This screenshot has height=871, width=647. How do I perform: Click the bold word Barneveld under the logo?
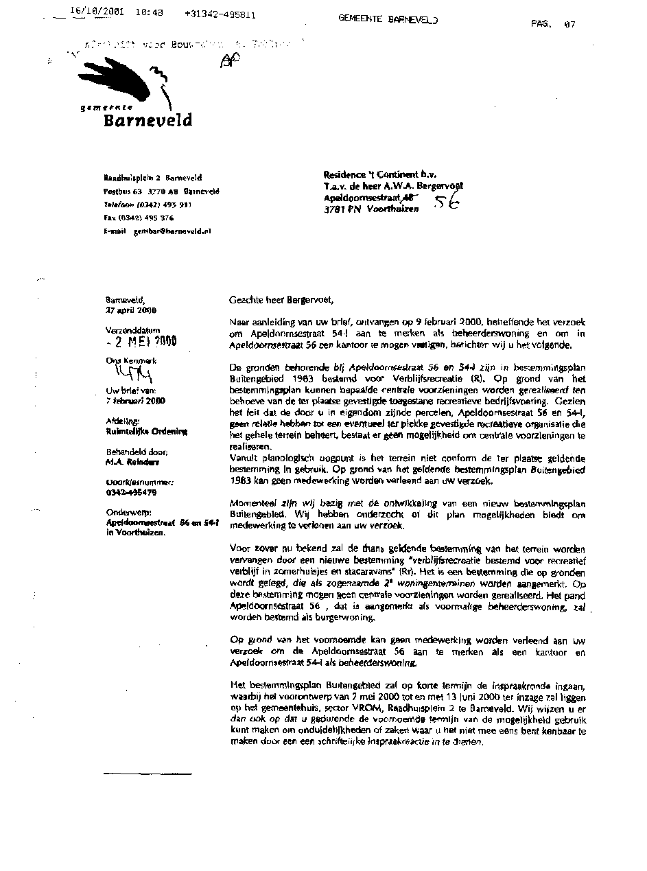pyautogui.click(x=148, y=121)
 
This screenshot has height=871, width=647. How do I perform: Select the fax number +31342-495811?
pyautogui.click(x=220, y=14)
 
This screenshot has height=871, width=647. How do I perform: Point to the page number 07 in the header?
pyautogui.click(x=569, y=24)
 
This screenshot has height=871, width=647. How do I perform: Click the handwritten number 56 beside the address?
pyautogui.click(x=445, y=202)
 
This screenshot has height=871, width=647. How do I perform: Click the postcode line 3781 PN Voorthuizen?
pyautogui.click(x=370, y=209)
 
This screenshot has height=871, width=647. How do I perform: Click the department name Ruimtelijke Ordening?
pyautogui.click(x=146, y=432)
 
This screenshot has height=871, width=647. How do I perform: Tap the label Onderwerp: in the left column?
pyautogui.click(x=126, y=512)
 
